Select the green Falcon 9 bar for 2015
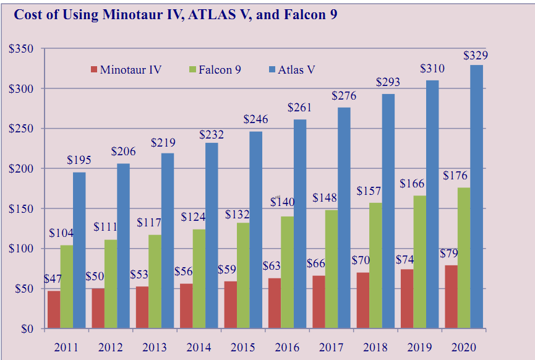click(243, 275)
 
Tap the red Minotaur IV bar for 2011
click(54, 309)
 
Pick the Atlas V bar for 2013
click(167, 241)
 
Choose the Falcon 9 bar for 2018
click(375, 265)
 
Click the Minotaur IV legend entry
click(126, 69)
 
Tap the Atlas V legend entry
click(292, 69)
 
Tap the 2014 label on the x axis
click(199, 348)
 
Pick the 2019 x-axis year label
click(420, 348)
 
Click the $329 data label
click(476, 56)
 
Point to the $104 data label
click(62, 234)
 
